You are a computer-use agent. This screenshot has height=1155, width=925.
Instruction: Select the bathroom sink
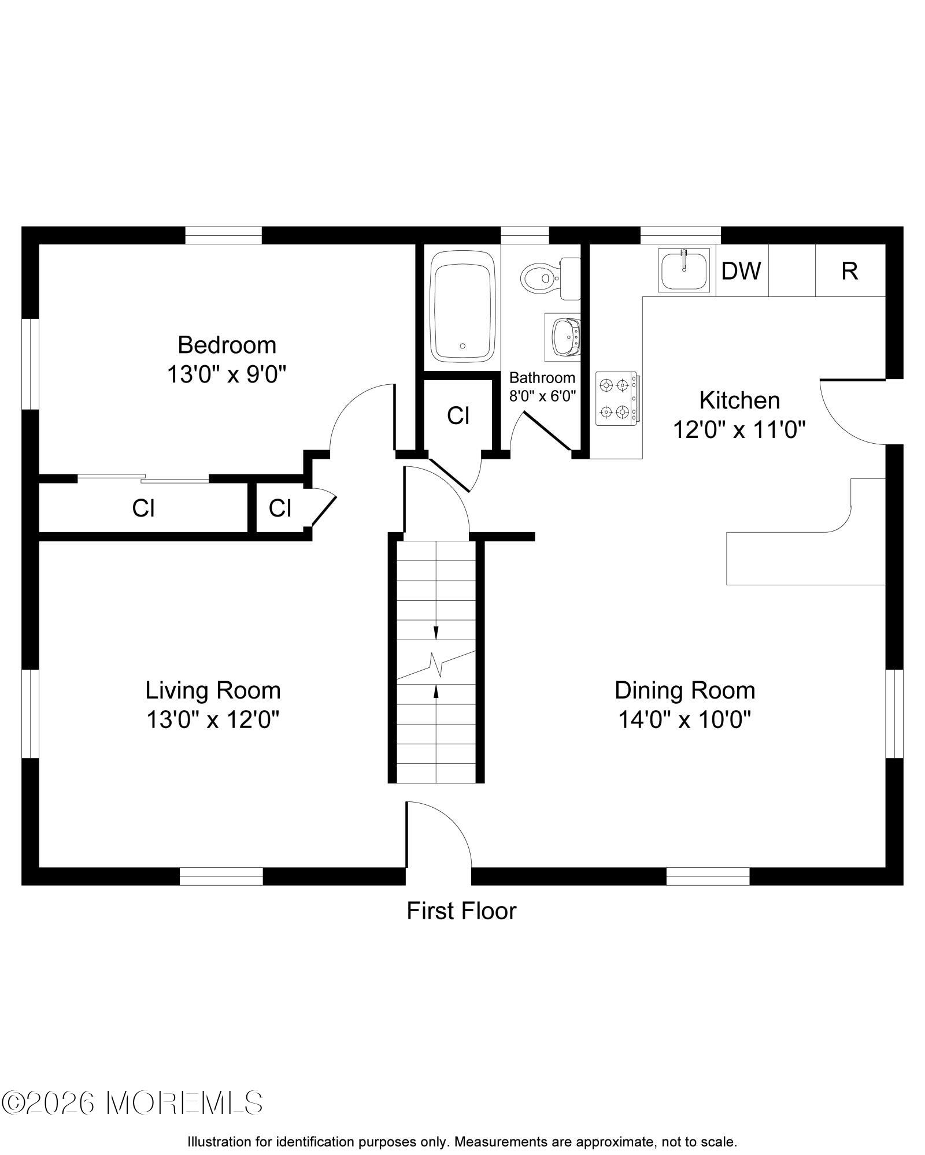pyautogui.click(x=563, y=337)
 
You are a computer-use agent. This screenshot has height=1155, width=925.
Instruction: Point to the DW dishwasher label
pyautogui.click(x=742, y=270)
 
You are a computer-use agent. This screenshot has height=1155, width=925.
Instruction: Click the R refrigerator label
pyautogui.click(x=849, y=270)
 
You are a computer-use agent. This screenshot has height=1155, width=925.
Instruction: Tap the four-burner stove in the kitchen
pyautogui.click(x=618, y=399)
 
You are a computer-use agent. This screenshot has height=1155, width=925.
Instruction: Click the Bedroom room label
pyautogui.click(x=227, y=345)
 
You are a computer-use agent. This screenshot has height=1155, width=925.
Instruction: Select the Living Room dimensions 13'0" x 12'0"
pyautogui.click(x=213, y=720)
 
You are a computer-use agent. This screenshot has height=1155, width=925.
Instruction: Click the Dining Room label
pyautogui.click(x=684, y=690)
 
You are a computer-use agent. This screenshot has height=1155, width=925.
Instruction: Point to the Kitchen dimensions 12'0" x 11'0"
pyautogui.click(x=739, y=429)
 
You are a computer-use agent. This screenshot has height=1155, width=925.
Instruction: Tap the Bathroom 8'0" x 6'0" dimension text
pyautogui.click(x=542, y=396)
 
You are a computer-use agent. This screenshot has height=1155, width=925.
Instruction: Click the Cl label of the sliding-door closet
pyautogui.click(x=143, y=508)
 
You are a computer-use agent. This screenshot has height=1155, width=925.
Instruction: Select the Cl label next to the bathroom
pyautogui.click(x=458, y=415)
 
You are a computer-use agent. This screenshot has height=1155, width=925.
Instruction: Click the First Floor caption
pyautogui.click(x=461, y=911)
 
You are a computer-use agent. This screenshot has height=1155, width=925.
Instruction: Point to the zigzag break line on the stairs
pyautogui.click(x=436, y=664)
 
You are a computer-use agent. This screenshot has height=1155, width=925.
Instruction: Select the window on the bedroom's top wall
pyautogui.click(x=223, y=235)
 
